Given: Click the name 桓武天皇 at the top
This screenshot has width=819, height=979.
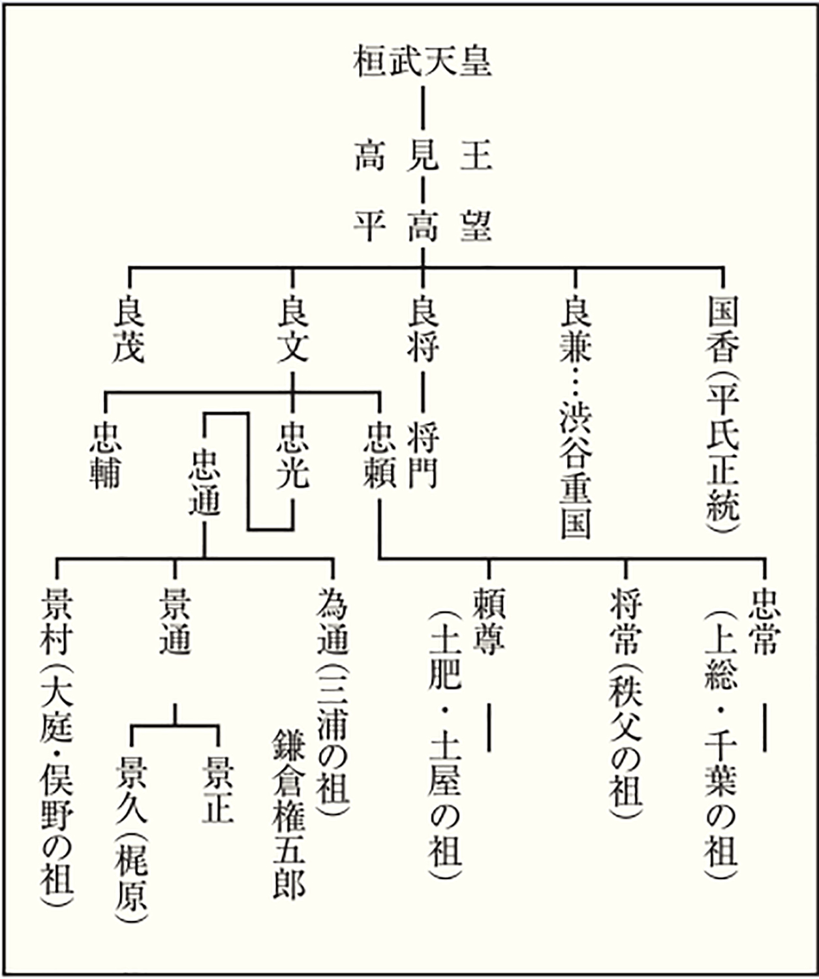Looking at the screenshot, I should [422, 63].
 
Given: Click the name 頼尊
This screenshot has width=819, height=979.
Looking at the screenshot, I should [488, 620].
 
